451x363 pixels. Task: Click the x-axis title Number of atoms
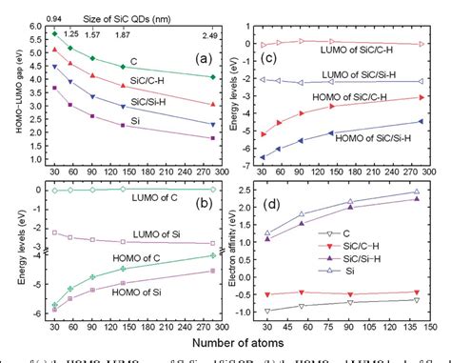[x=228, y=336]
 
